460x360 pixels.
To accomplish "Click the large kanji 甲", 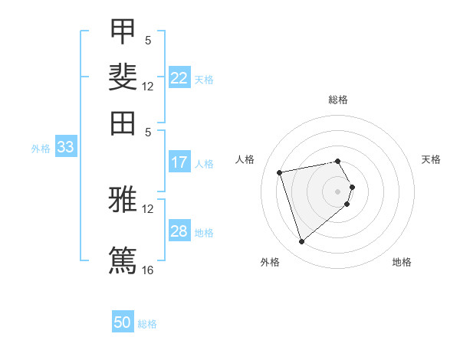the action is [123, 31].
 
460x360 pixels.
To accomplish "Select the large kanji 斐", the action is [123, 77].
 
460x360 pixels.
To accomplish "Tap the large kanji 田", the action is [123, 123].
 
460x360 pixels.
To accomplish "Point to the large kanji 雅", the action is [123, 199].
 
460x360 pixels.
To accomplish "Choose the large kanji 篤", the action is [123, 260].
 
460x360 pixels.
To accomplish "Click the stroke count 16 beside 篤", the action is [147, 270].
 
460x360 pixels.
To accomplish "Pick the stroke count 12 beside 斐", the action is [147, 87].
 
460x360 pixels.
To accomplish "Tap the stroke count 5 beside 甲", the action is [148, 40].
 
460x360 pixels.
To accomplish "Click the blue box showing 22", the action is [179, 77].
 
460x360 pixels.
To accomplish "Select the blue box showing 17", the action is [179, 162].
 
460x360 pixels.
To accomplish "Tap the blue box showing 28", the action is [179, 230].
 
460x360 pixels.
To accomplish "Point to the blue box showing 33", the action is [66, 146].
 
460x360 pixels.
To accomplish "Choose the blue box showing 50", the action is [123, 321].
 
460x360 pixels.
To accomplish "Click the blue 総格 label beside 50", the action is [147, 324].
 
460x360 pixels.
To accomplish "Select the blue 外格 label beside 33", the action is [41, 149].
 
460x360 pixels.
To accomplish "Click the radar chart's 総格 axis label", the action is [338, 100].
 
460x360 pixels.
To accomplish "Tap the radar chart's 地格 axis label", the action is [402, 262].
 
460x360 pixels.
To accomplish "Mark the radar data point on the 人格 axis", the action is [279, 172].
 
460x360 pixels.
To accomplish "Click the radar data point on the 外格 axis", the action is [301, 242].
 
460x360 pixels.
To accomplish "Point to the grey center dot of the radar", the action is [337, 191].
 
